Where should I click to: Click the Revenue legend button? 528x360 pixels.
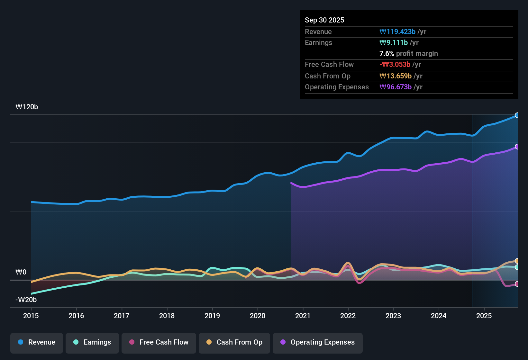click(x=37, y=342)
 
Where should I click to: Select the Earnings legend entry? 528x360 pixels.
click(x=92, y=342)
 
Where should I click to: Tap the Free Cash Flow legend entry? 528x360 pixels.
click(x=159, y=342)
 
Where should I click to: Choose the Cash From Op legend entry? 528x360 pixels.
click(x=234, y=342)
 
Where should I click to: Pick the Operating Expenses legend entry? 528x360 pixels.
click(x=318, y=342)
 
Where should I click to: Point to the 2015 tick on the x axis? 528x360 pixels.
click(x=31, y=316)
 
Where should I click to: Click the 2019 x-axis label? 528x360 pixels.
click(x=212, y=316)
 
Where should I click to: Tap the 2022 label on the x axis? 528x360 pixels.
click(x=348, y=316)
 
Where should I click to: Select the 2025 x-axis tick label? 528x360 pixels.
click(x=484, y=316)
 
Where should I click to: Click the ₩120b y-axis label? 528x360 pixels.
click(x=27, y=107)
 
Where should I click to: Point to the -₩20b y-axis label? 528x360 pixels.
click(x=26, y=300)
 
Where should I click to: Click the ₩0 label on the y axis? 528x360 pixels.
click(x=21, y=272)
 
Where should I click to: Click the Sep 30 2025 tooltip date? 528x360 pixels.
click(x=324, y=20)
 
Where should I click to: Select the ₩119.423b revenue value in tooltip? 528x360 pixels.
click(x=397, y=32)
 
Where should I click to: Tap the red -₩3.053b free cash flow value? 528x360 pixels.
click(x=395, y=64)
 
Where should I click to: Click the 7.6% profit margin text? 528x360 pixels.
click(x=409, y=53)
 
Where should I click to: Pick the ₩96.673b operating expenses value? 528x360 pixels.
click(x=396, y=87)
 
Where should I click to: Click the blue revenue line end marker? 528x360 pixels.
click(x=517, y=115)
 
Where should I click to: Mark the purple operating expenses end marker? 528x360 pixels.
click(x=517, y=147)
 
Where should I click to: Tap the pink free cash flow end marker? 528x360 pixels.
click(x=517, y=284)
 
